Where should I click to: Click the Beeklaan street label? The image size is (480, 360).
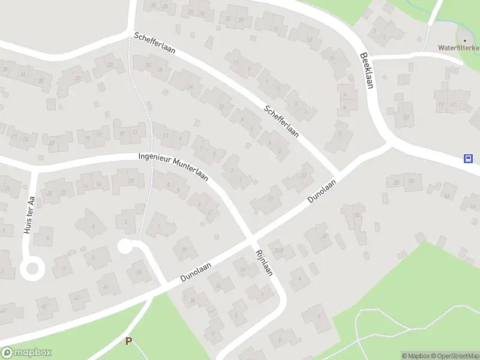[367, 69]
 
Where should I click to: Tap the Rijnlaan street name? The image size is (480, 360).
[265, 262]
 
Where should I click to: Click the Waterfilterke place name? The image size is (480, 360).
[458, 47]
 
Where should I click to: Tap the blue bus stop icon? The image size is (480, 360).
[468, 159]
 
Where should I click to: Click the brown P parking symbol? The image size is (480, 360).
[128, 341]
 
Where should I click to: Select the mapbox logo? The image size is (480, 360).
[26, 353]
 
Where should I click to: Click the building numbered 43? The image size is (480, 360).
[77, 298]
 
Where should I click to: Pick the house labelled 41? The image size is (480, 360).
[107, 287]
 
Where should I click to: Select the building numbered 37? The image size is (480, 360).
[185, 250]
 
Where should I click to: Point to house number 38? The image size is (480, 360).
[193, 299]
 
